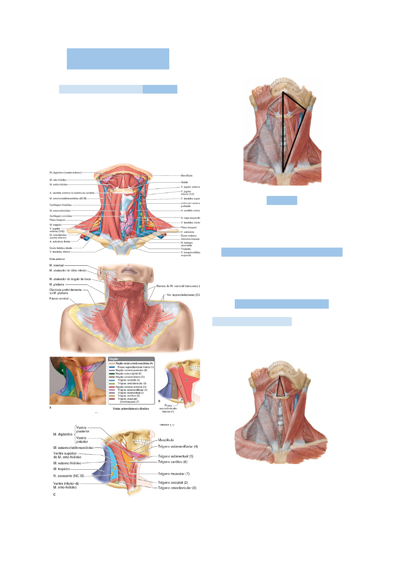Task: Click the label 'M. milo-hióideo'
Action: tap(58, 180)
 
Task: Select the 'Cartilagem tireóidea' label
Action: tap(60, 205)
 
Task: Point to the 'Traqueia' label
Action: tap(185, 249)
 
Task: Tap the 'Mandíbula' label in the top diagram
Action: tap(186, 175)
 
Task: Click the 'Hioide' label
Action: tap(184, 182)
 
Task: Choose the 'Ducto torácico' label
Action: tap(188, 236)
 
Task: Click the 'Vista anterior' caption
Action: tap(57, 259)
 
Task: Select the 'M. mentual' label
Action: tap(56, 265)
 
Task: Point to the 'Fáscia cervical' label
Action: tap(59, 298)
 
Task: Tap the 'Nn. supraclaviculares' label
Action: tap(181, 295)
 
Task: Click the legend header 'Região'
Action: tap(114, 359)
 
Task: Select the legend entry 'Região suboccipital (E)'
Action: tap(128, 373)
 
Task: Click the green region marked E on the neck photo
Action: tap(62, 371)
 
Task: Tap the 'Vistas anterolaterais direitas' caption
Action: tap(131, 409)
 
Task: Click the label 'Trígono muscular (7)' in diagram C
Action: tap(174, 474)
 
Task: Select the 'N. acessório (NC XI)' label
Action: tap(69, 476)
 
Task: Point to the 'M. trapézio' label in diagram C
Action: tap(62, 469)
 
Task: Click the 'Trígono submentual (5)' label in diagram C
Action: tap(175, 456)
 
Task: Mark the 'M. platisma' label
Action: tap(56, 285)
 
